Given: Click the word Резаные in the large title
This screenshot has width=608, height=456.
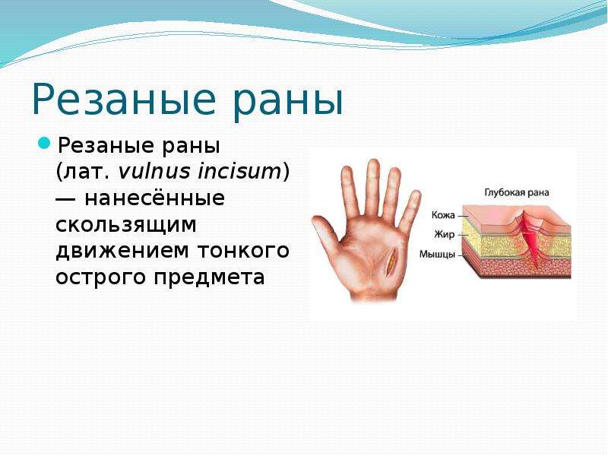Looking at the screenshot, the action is [x=123, y=100].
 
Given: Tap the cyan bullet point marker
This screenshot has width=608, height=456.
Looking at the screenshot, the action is [x=44, y=143].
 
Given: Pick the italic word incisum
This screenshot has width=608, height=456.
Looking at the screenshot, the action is [x=239, y=171].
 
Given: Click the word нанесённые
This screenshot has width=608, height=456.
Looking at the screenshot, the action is [x=154, y=198].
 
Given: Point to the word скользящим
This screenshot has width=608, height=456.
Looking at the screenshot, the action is [x=126, y=226].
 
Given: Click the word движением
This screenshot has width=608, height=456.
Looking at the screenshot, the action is [x=122, y=252].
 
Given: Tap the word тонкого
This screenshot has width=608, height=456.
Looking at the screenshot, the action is [x=243, y=251].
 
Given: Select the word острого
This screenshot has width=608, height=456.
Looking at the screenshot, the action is [x=101, y=277].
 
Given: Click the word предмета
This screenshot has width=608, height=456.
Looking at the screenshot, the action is [x=210, y=277].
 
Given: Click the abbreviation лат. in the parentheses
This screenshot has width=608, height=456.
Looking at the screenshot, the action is [x=87, y=172].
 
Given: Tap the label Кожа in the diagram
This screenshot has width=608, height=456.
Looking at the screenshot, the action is [x=443, y=214].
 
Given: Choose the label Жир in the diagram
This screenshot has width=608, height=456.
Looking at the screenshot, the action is [x=444, y=234].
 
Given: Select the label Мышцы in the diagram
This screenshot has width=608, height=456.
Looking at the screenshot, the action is [x=437, y=255].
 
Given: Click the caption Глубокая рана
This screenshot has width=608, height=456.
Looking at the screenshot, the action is [x=517, y=192].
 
